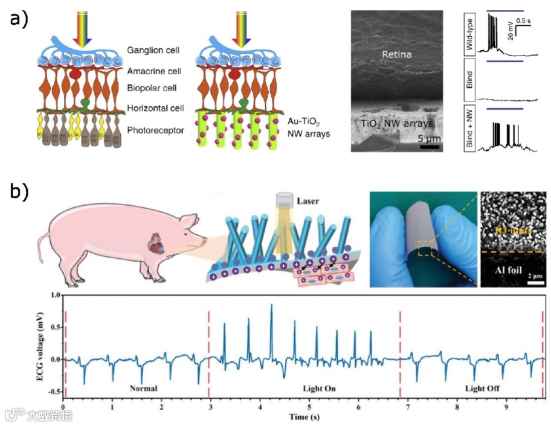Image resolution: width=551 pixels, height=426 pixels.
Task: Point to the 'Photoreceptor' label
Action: [152, 129]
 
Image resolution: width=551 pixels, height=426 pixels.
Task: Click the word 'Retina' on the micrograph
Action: [396, 55]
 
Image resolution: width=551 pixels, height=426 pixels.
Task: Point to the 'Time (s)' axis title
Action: [304, 417]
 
